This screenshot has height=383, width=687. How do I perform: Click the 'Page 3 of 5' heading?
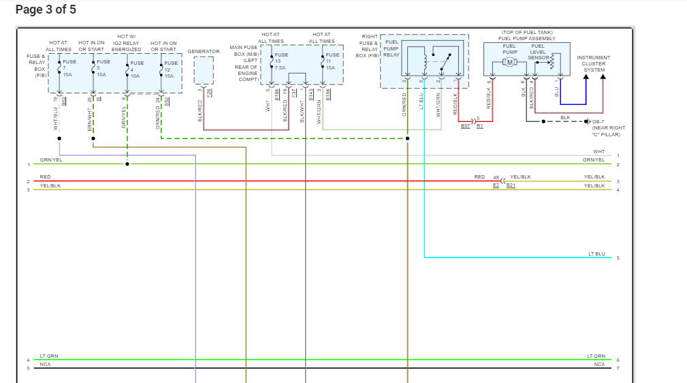coord(46,10)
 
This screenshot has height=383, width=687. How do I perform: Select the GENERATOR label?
coord(204,51)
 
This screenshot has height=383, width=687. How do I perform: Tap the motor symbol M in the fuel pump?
coord(510,63)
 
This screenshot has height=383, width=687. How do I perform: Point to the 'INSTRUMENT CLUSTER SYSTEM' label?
coord(593,64)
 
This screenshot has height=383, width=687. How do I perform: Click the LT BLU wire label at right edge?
coord(596,254)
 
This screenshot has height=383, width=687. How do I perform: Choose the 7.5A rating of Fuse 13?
coord(280,67)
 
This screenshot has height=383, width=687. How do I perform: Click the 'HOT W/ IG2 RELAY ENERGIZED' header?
coord(127,43)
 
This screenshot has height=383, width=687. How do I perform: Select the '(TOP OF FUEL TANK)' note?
coord(527,33)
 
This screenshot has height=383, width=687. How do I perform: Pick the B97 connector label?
coord(466,126)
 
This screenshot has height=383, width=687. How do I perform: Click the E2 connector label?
coord(496,185)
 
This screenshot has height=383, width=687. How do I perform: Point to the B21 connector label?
coord(511,185)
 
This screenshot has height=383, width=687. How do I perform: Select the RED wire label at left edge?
coord(45,177)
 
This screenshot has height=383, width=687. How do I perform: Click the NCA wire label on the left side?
coord(45,365)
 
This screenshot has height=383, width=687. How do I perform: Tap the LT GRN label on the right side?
coord(596,356)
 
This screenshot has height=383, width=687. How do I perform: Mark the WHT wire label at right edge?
coord(598,152)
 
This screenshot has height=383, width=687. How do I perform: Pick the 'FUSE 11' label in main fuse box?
coord(332,58)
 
